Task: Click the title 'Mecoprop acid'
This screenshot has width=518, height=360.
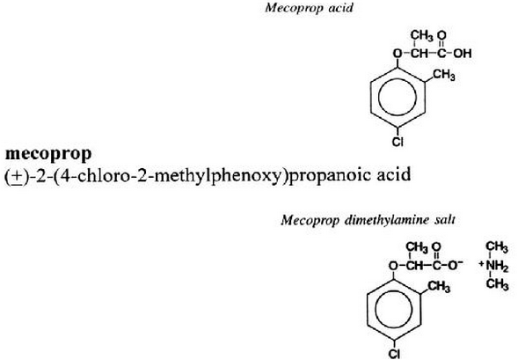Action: pos(309,8)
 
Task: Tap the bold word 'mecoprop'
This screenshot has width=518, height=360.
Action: pos(48,154)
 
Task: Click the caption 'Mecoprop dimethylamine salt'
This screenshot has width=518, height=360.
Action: pos(368,220)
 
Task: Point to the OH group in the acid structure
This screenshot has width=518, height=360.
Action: pos(463,54)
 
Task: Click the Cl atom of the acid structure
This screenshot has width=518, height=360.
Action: pos(398,142)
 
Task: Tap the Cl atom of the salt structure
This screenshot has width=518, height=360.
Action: pos(394,353)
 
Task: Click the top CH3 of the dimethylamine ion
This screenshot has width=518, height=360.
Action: pos(497,247)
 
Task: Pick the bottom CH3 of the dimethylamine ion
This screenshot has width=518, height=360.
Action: pos(497,284)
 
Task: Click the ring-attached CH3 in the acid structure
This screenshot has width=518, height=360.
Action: pos(443,75)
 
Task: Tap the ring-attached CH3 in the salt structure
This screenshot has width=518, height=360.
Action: pos(439,286)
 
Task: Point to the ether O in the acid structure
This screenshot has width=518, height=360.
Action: pos(398,54)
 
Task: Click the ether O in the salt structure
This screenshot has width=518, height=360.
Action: pos(393,265)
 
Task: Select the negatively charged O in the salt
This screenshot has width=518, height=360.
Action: pos(456,265)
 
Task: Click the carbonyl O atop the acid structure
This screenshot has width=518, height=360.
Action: pos(441,34)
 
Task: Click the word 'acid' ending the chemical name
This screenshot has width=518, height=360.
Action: pos(394,174)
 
